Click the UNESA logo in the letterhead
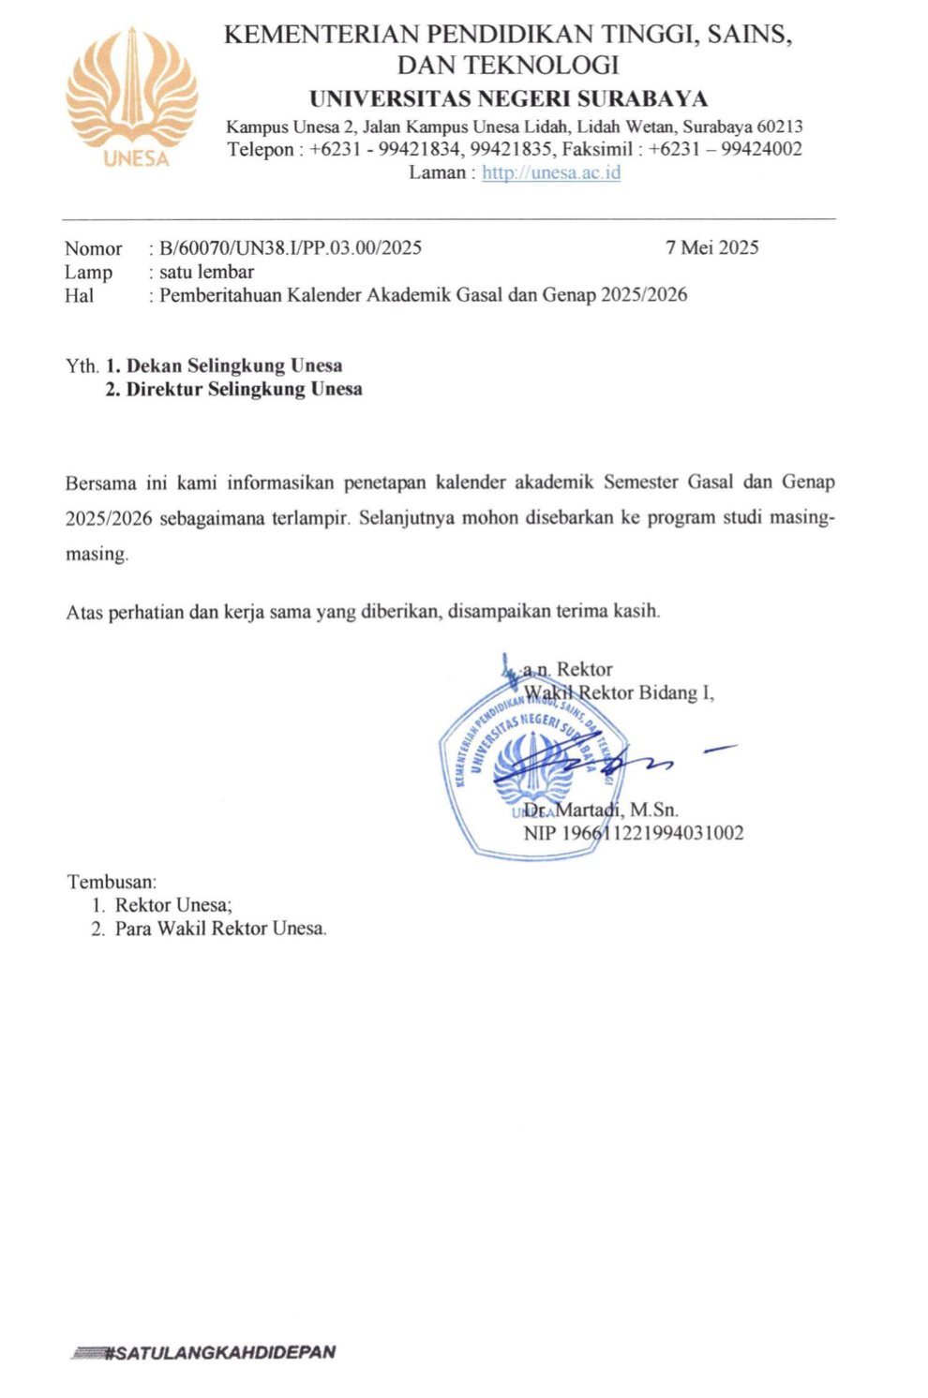(x=132, y=97)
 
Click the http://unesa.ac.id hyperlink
(x=551, y=172)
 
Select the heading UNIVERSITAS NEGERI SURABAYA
(x=508, y=98)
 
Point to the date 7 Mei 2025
(x=711, y=247)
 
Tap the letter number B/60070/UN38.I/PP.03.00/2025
(x=291, y=248)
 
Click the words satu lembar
(x=206, y=272)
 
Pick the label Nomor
(x=93, y=248)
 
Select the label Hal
(x=79, y=295)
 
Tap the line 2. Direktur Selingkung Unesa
(x=233, y=389)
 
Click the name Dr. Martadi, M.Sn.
(x=601, y=810)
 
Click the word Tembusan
(x=112, y=882)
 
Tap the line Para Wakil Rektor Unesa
(x=220, y=929)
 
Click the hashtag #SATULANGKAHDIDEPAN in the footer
(x=219, y=1352)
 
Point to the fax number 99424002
(x=761, y=149)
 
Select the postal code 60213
(x=780, y=126)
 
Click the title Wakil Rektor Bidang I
(x=619, y=692)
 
